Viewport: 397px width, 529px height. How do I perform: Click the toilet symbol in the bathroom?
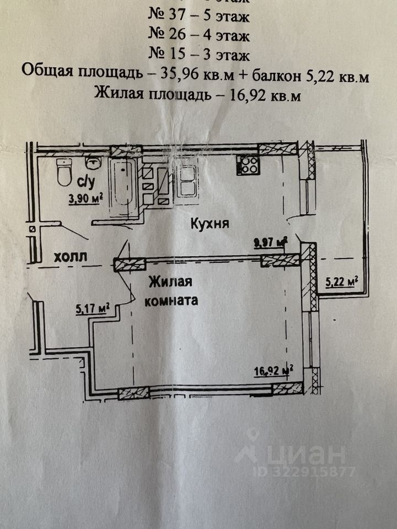(x=64, y=176)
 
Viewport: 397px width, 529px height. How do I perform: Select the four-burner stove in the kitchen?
(x=248, y=165)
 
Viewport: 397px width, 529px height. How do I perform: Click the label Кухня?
(x=210, y=224)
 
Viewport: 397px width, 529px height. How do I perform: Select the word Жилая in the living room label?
(x=170, y=283)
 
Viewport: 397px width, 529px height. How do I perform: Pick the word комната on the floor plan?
(x=171, y=301)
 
